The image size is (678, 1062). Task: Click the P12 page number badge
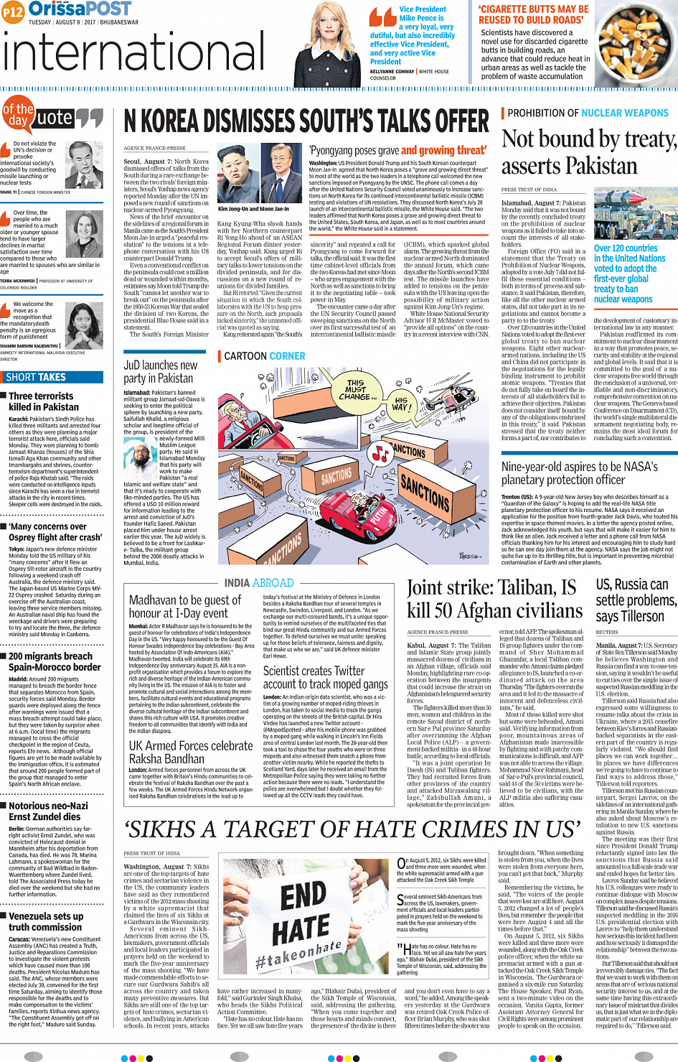12,11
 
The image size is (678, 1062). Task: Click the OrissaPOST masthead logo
80,9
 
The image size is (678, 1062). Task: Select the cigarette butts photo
636,42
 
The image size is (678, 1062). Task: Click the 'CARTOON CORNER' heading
264,356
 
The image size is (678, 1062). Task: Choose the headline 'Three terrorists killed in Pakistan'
41,401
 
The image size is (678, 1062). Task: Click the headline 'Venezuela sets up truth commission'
46,921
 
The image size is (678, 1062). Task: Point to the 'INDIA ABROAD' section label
259,583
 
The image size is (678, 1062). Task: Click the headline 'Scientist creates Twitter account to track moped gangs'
325,677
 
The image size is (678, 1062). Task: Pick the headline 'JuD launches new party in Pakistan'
160,371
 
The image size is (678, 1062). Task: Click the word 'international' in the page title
134,53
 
